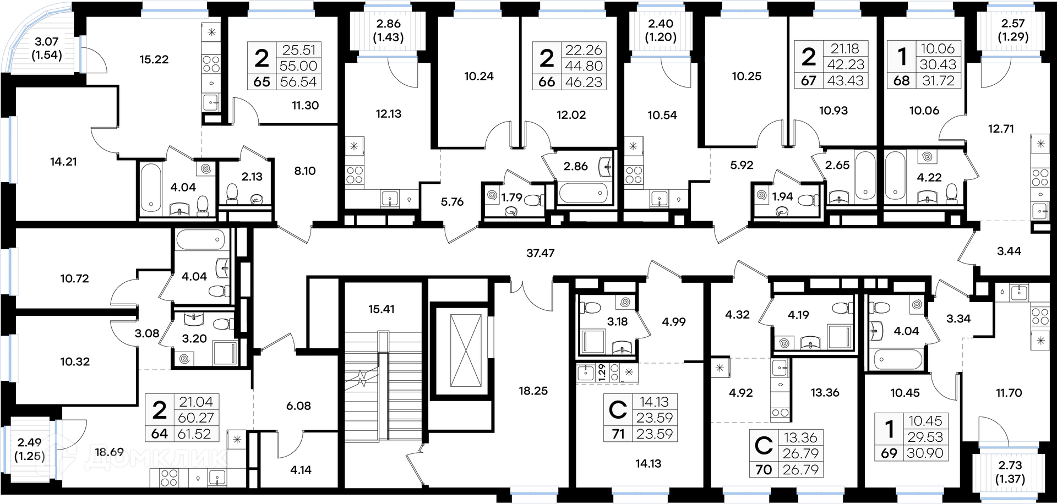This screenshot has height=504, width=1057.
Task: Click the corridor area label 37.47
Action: pyautogui.click(x=540, y=253)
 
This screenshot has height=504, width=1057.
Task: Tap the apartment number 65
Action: pyautogui.click(x=262, y=82)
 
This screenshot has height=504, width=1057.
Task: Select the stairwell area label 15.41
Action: pyautogui.click(x=382, y=309)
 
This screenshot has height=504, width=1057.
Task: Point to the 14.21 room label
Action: pyautogui.click(x=63, y=162)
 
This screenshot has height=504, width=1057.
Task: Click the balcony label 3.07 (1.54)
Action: pyautogui.click(x=47, y=48)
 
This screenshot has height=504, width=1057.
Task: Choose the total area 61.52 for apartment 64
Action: pyautogui.click(x=194, y=434)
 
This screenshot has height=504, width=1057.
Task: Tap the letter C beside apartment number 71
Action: pyautogui.click(x=618, y=410)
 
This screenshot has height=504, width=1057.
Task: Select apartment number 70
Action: pyautogui.click(x=764, y=470)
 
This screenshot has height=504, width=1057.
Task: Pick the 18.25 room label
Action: pyautogui.click(x=533, y=391)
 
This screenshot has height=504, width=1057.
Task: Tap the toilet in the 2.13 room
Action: pyautogui.click(x=232, y=193)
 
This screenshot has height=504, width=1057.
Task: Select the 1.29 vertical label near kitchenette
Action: pyautogui.click(x=602, y=372)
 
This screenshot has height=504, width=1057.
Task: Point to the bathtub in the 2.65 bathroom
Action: pyautogui.click(x=865, y=176)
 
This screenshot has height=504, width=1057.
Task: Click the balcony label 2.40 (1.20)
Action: pyautogui.click(x=661, y=30)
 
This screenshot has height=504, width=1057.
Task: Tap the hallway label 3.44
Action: pyautogui.click(x=1009, y=251)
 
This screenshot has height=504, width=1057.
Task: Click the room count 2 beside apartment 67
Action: pyautogui.click(x=808, y=57)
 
